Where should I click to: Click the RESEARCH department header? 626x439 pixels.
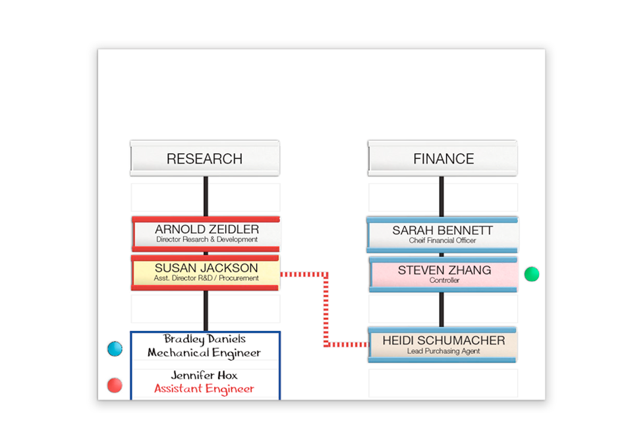point(204,159)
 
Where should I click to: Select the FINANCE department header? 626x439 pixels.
point(443,159)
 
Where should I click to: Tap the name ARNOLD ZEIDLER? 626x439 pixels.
point(207,230)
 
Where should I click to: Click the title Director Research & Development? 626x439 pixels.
point(207,240)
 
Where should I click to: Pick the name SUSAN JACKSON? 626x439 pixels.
point(206,268)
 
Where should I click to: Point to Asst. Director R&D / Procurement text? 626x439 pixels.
point(206,278)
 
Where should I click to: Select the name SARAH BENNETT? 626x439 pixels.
point(442,230)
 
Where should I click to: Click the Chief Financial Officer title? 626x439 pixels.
point(442,241)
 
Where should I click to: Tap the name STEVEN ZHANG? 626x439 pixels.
point(444,270)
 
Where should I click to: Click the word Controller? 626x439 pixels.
point(444,280)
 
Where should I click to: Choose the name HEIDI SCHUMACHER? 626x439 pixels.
point(443,340)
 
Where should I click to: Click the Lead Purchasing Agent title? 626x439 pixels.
point(443,351)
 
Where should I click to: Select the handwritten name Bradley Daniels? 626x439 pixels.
point(205,339)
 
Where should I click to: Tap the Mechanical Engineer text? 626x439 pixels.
point(204,353)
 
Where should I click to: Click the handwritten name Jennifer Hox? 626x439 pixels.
point(204,375)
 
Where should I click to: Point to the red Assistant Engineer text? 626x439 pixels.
point(204,388)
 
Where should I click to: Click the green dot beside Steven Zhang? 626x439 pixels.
point(532,274)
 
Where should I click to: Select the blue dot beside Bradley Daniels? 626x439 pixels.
point(115,349)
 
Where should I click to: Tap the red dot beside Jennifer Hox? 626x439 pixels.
point(115,385)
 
